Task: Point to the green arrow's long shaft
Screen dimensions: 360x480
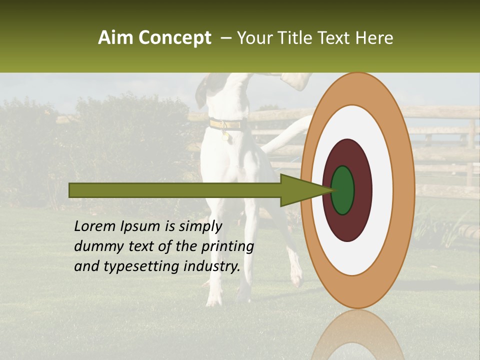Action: pos(175,190)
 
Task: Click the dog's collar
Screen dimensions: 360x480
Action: pos(228,124)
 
